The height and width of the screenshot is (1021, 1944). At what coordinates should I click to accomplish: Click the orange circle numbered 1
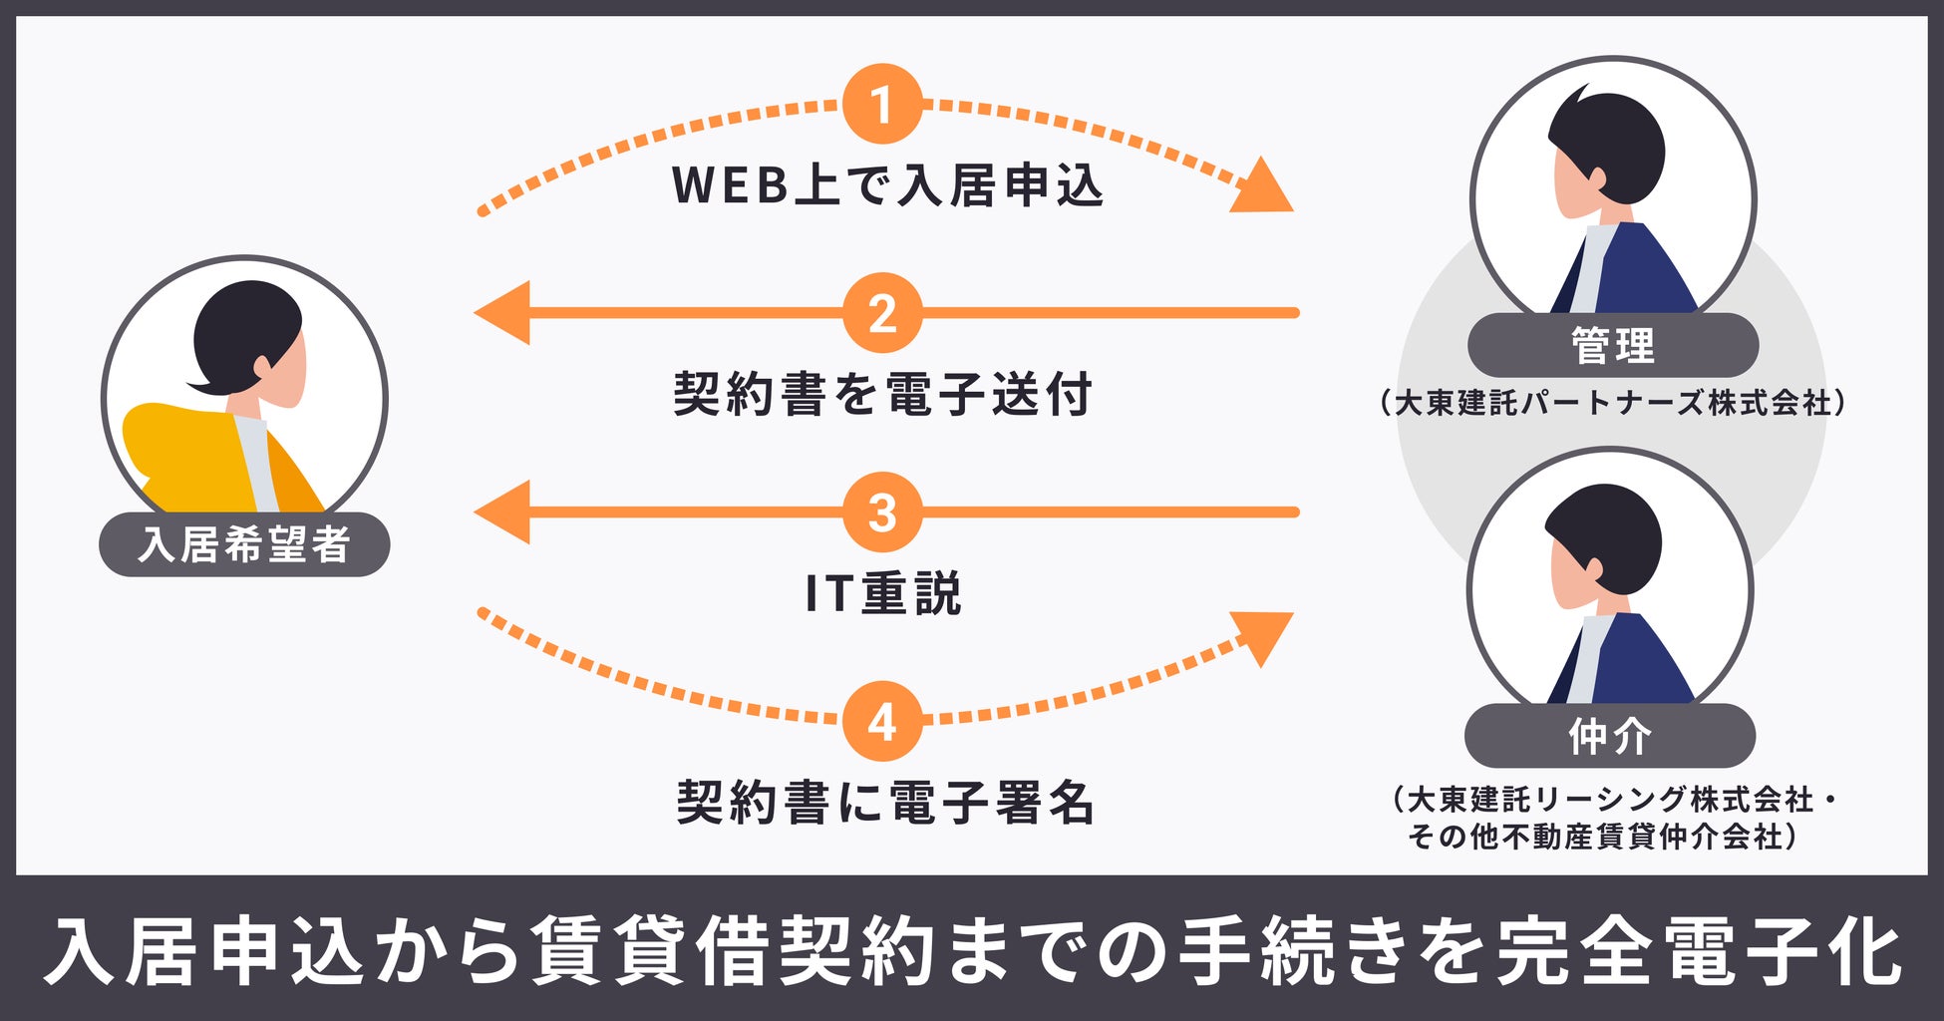tap(881, 105)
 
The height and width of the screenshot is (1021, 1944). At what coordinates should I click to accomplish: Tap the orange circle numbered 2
tap(881, 313)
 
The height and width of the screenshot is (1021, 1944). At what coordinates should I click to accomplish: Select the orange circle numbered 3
tap(881, 512)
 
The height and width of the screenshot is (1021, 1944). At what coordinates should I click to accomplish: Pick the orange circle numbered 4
tap(881, 721)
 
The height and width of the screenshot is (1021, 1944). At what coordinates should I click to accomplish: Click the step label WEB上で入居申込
tap(887, 185)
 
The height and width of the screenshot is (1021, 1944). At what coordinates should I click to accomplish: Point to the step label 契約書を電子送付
tap(883, 394)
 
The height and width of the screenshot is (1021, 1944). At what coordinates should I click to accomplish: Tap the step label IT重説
tap(883, 593)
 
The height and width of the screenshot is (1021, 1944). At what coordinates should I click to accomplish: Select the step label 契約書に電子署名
tap(885, 803)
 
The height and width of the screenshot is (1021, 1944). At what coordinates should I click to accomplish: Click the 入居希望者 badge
tap(244, 544)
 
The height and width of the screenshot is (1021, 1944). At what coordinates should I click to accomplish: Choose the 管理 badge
tap(1612, 345)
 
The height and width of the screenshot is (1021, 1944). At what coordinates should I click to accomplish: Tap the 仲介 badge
tap(1609, 736)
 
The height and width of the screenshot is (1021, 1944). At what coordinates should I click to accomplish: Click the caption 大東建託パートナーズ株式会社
tap(1612, 403)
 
